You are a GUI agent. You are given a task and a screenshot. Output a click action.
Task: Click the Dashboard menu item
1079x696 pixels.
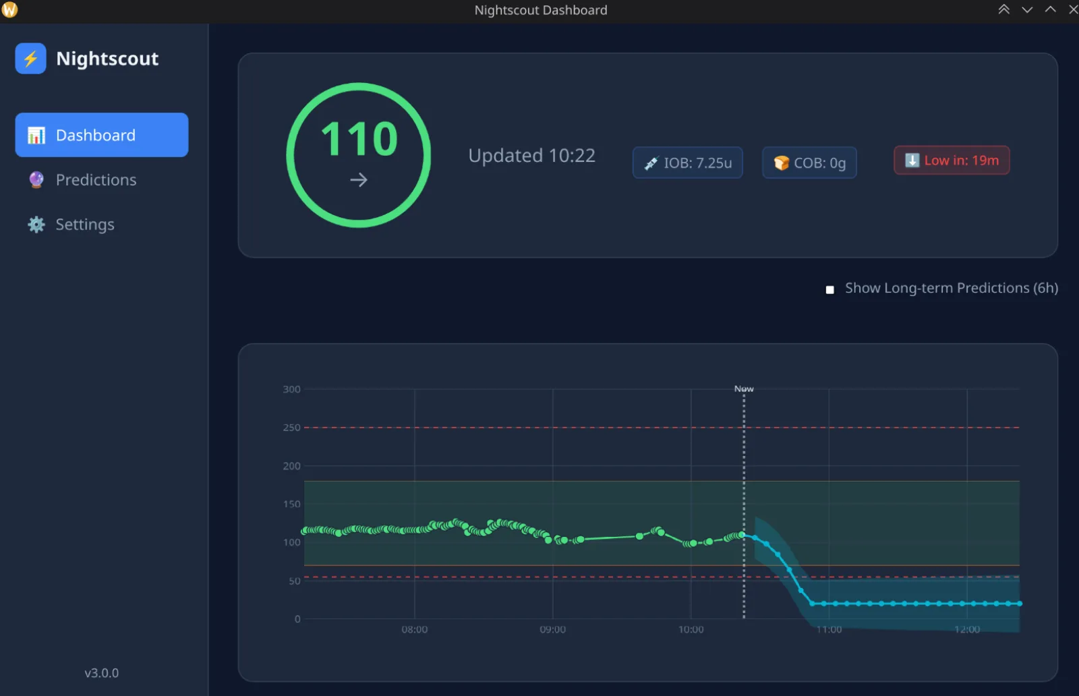[102, 135]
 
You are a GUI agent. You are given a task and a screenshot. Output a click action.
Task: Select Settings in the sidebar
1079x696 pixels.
[71, 225]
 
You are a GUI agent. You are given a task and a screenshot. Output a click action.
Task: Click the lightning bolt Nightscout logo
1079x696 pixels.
[30, 58]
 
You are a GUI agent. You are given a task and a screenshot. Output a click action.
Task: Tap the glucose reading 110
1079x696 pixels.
[359, 139]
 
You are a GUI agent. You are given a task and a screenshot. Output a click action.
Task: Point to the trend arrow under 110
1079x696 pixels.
[359, 180]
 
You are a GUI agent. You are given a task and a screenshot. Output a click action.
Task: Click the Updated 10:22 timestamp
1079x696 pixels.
[532, 155]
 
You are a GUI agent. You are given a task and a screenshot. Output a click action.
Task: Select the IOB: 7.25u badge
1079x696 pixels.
[687, 163]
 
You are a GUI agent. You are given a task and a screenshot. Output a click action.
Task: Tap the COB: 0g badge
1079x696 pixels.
[809, 163]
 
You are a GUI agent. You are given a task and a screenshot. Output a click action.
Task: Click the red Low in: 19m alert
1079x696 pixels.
[952, 161]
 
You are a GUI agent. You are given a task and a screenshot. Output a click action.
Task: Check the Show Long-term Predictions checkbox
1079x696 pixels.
[829, 289]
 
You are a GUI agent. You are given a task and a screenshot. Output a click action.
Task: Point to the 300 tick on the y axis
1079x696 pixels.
[291, 389]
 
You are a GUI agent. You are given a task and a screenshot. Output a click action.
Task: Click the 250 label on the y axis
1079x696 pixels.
[291, 427]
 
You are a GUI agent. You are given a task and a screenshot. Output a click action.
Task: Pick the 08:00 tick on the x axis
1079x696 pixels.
[414, 629]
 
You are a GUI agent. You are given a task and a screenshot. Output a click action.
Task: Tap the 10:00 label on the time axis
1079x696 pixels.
[691, 629]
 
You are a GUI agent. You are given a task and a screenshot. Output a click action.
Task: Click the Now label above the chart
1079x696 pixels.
[744, 388]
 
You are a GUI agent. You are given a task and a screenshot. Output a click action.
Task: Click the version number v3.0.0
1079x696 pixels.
[102, 673]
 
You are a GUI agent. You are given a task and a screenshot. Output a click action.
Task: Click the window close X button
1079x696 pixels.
[1073, 9]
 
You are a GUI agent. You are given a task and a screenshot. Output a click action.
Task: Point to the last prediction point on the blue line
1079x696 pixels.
[1019, 604]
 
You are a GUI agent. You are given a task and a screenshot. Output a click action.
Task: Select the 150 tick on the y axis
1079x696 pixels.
[291, 504]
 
